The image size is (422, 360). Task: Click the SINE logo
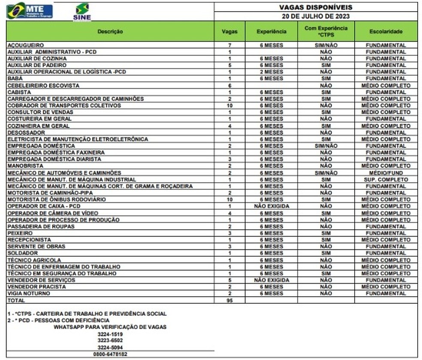point(82,12)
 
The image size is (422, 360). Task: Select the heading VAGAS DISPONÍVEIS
point(316,8)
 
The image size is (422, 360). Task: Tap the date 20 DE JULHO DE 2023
point(316,16)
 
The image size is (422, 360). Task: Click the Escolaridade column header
point(386,32)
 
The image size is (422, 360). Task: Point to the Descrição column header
point(110,32)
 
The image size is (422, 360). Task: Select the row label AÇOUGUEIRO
point(26,45)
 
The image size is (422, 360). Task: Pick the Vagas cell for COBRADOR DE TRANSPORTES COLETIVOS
point(230,105)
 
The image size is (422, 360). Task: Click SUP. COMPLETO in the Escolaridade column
point(386,180)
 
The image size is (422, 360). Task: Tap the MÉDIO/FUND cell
point(386,173)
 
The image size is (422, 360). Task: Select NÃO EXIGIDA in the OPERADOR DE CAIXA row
point(271,207)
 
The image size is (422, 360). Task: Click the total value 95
point(230,301)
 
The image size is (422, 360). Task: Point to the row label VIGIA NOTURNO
point(29,294)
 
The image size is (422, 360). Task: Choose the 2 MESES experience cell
point(271,72)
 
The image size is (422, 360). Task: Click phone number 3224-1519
point(110,334)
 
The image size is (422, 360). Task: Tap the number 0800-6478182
point(110,354)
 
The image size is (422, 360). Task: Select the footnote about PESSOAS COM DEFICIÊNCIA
point(58,321)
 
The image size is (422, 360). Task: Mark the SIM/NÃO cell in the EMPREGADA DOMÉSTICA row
point(326,146)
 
